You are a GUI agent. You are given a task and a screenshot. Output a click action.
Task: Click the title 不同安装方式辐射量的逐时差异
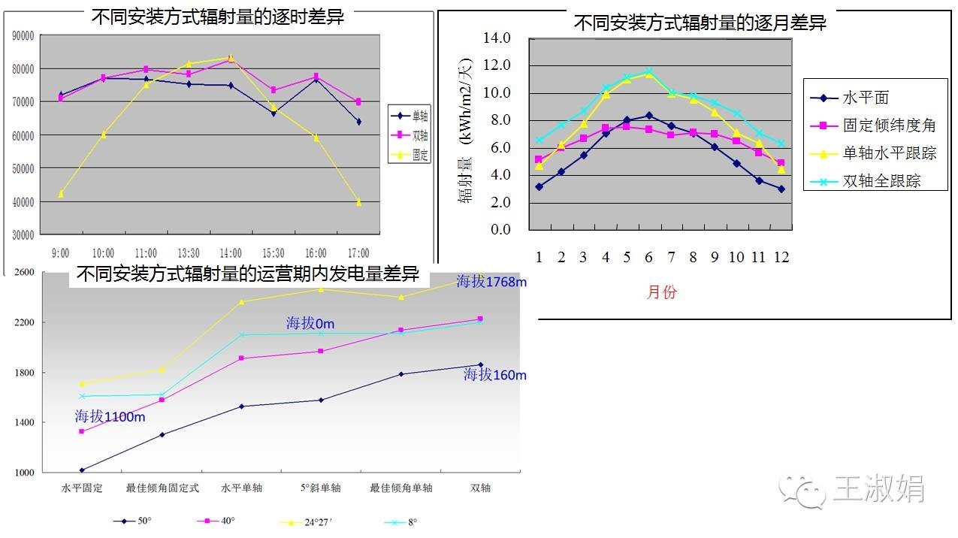click(218, 17)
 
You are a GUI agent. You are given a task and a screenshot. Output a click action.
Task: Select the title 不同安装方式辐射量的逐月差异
click(700, 23)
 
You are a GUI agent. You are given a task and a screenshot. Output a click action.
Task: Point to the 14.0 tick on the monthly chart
click(496, 38)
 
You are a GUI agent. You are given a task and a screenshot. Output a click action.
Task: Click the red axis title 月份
click(661, 292)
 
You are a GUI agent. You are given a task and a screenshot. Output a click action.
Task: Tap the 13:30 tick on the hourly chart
click(188, 253)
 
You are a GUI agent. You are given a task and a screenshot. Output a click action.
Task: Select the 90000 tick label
click(24, 35)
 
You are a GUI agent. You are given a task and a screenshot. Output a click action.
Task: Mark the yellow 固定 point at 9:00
click(61, 194)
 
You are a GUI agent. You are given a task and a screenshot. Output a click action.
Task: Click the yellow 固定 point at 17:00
click(359, 202)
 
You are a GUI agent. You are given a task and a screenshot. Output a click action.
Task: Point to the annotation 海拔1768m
click(492, 282)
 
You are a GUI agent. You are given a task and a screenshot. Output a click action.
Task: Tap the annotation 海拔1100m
click(110, 416)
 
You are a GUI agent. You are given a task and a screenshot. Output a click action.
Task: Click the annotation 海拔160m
click(494, 374)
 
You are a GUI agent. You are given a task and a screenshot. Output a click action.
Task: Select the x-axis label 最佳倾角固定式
click(162, 488)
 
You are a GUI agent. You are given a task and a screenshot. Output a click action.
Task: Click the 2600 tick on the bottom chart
click(25, 272)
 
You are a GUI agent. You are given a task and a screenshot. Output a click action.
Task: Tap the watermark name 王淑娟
click(879, 489)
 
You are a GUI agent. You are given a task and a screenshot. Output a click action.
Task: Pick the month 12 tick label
click(781, 257)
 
